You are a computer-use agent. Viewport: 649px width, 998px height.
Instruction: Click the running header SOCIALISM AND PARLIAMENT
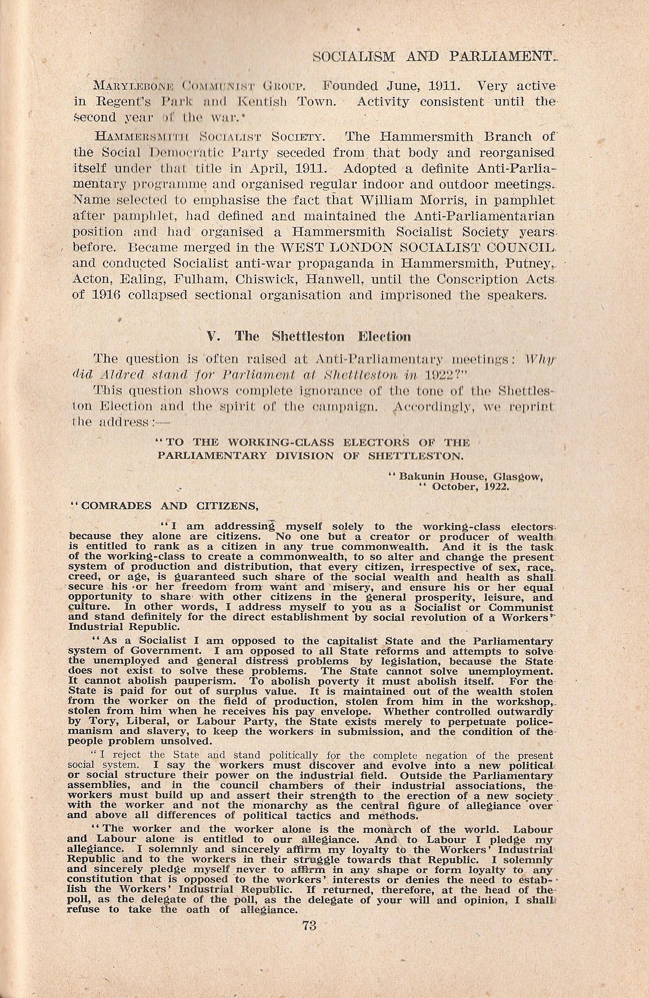436,57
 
